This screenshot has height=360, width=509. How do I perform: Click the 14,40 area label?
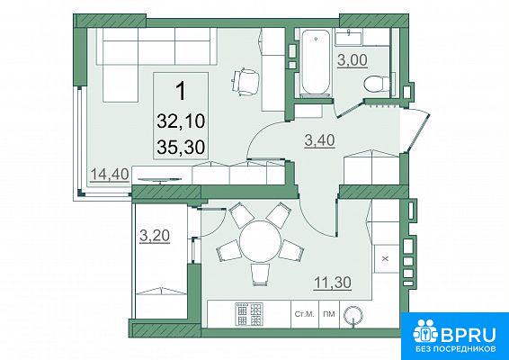pos(110,175)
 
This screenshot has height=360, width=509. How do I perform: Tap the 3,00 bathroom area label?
pos(353,60)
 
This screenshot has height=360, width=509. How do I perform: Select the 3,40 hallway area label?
pos(320,140)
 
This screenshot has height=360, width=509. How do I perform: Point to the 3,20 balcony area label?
pos(155,236)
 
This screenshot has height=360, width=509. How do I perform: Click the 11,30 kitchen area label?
pos(333,282)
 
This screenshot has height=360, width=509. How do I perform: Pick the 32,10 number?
pos(181,121)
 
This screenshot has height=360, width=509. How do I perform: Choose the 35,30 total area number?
pos(181,148)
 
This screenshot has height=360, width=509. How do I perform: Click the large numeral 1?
pos(181,91)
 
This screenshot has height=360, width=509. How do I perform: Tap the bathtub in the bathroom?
pos(316,63)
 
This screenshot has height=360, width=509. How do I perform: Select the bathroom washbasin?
pos(349,39)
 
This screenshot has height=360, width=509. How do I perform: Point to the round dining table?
pos(260,241)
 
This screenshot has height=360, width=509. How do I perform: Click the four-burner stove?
pos(249,314)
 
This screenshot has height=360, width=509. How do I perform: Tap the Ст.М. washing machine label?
pos(305,314)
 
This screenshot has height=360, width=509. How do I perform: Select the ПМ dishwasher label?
pos(329,314)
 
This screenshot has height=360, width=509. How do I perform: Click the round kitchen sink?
pos(353,314)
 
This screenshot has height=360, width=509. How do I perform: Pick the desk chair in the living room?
pos(246,82)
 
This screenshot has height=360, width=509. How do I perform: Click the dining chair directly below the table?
pos(260,274)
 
